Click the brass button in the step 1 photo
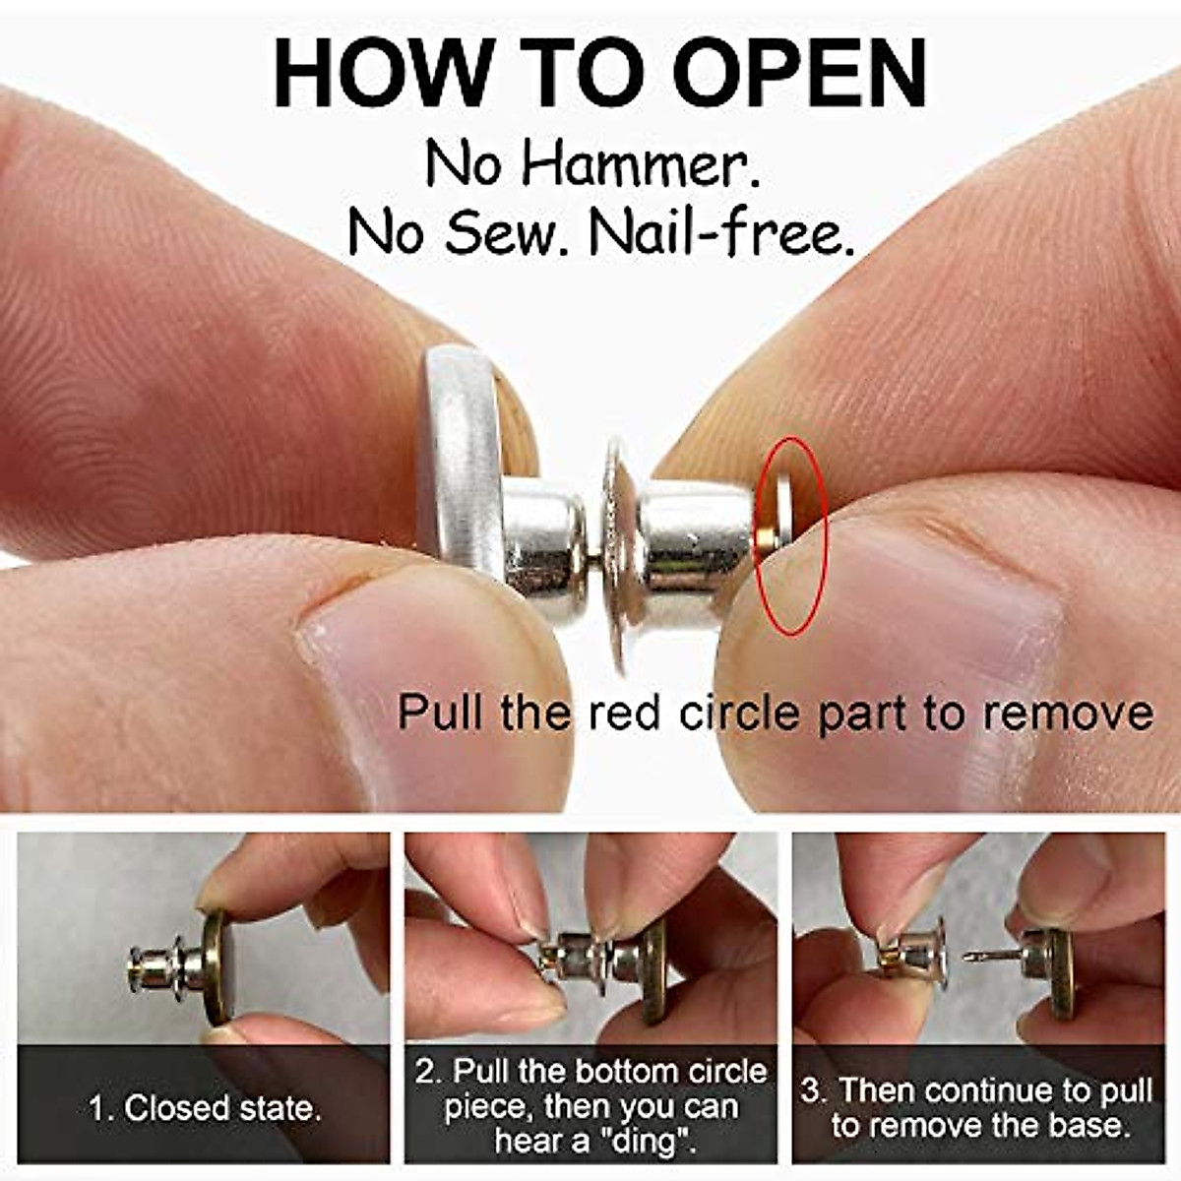pos(217,966)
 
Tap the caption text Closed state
pos(222,1108)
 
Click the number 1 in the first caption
pos(97,1108)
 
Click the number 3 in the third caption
pos(809,1090)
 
